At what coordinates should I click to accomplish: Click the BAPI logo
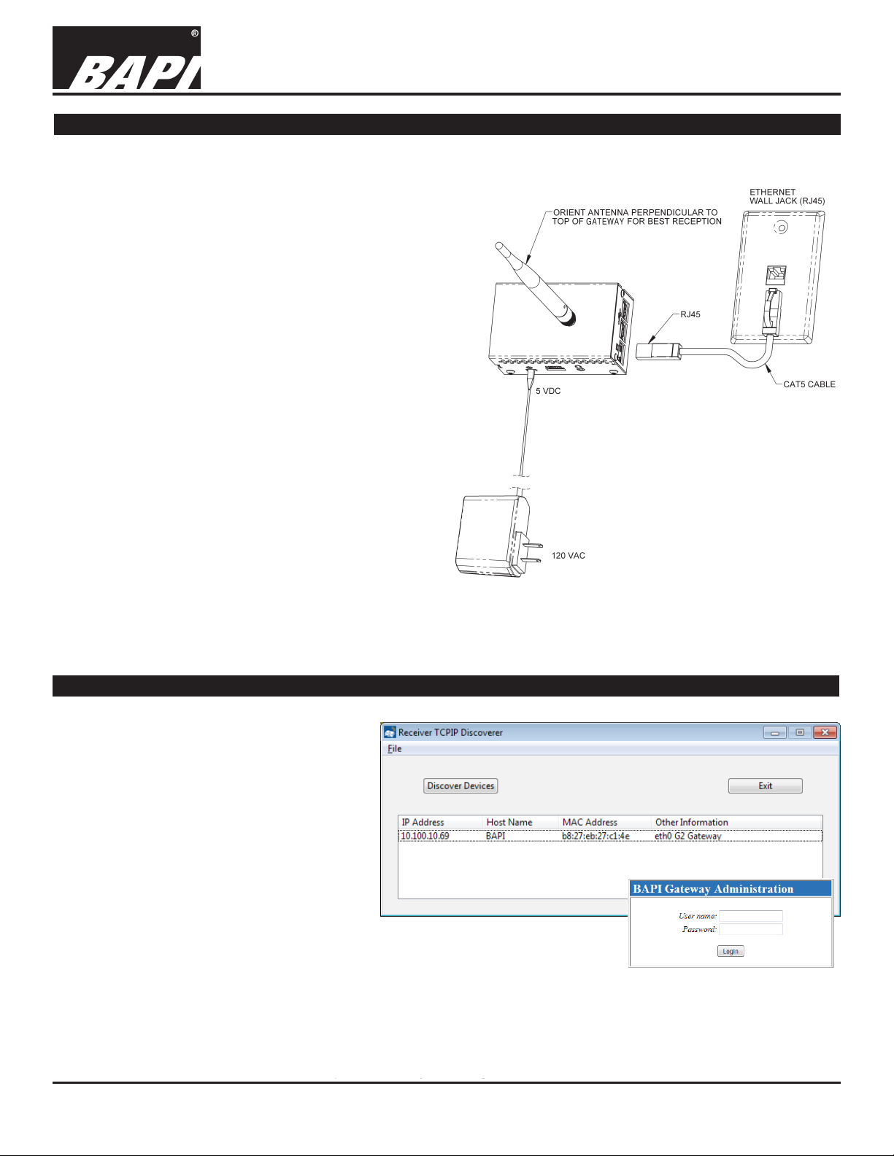[126, 58]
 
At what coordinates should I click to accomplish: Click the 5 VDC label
[548, 392]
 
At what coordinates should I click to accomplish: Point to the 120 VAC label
[568, 556]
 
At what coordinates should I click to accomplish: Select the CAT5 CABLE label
[809, 384]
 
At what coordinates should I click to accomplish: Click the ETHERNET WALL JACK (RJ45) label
[787, 197]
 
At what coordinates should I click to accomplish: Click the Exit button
[765, 785]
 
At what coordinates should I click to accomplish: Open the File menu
[394, 748]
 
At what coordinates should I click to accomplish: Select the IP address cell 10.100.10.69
[425, 836]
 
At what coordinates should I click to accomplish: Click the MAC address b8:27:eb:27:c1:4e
[596, 836]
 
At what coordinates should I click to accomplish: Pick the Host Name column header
[509, 822]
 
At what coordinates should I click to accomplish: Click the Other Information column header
[691, 822]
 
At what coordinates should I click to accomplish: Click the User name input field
[750, 916]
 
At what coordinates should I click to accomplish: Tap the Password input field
[750, 929]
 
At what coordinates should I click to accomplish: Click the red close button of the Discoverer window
[825, 732]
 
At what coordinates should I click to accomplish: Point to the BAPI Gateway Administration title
[713, 888]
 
